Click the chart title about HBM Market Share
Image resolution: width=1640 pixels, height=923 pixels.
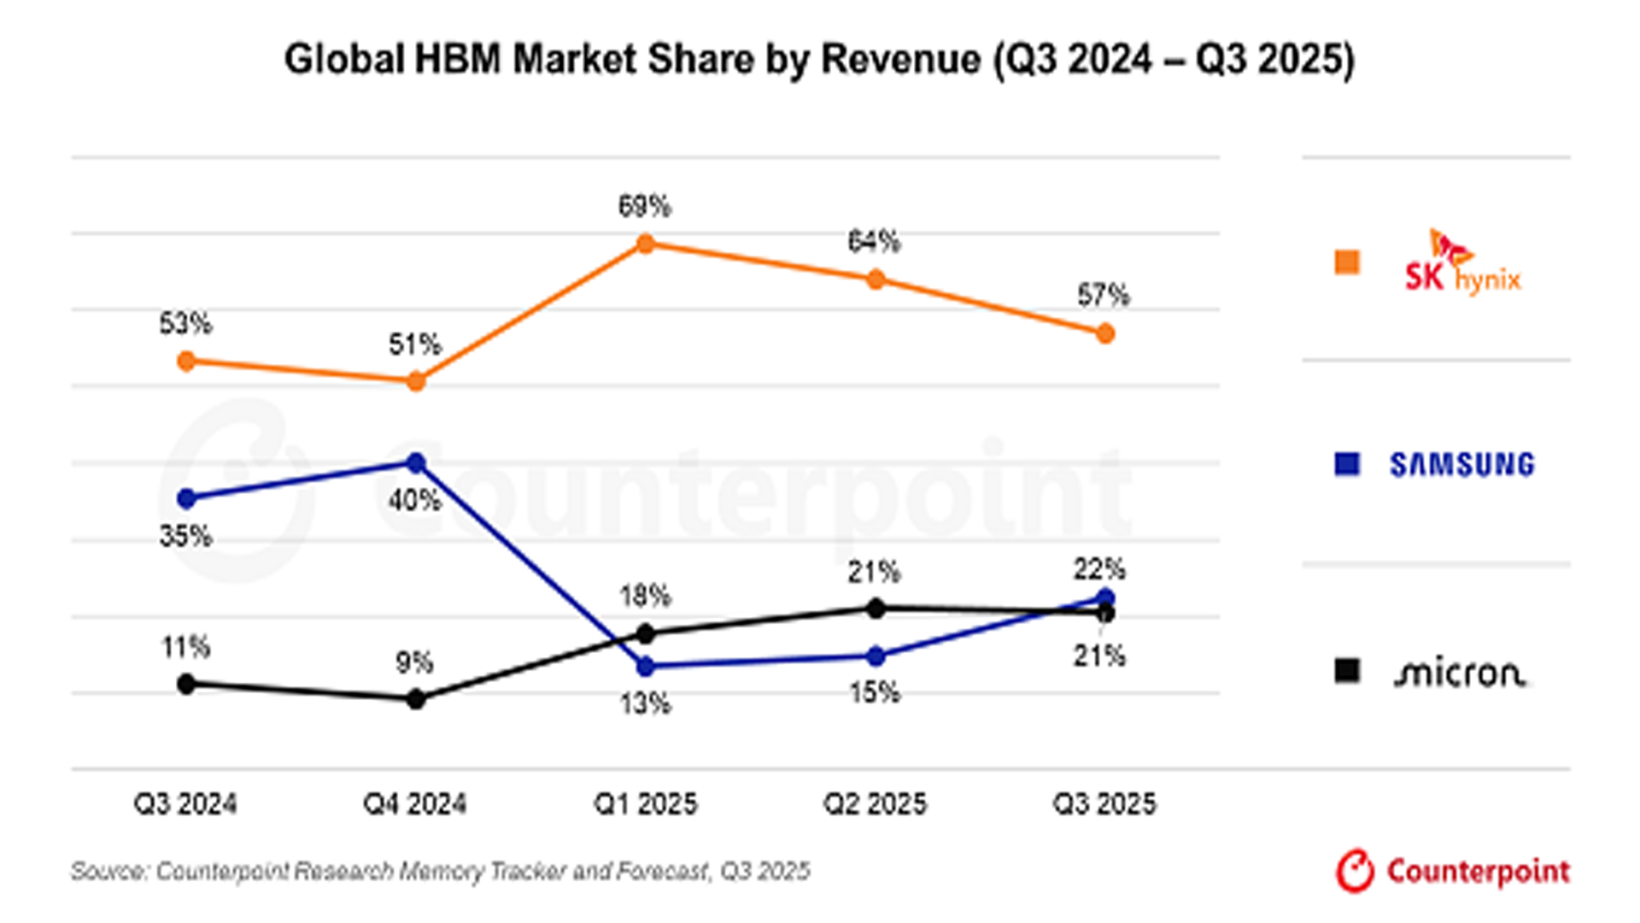(x=819, y=60)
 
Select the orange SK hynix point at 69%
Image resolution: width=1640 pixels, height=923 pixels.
(x=646, y=244)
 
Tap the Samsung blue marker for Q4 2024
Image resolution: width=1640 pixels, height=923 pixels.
(x=416, y=463)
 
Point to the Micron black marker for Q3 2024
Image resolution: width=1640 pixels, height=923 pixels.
(x=186, y=684)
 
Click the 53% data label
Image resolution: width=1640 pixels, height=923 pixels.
(x=185, y=324)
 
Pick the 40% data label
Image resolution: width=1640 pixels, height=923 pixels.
(x=414, y=500)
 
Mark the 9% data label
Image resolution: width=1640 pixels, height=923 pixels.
(x=414, y=662)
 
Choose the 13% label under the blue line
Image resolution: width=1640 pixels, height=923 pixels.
(x=645, y=704)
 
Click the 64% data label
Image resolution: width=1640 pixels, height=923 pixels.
(x=874, y=242)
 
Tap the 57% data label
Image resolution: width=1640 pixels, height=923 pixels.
(x=1103, y=296)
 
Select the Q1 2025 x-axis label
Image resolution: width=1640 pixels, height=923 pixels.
(x=645, y=804)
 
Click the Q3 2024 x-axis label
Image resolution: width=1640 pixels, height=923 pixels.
(x=185, y=804)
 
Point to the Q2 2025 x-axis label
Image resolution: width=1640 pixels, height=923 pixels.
(x=875, y=804)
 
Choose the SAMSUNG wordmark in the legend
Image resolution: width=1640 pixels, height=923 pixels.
(x=1461, y=465)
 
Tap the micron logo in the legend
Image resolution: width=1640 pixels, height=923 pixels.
(x=1459, y=673)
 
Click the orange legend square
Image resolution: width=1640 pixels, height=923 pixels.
(x=1347, y=262)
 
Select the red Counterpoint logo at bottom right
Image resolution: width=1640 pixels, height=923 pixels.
(x=1453, y=871)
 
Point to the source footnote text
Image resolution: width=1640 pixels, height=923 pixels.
(x=440, y=872)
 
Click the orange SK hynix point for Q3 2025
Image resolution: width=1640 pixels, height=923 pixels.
(x=1104, y=334)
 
